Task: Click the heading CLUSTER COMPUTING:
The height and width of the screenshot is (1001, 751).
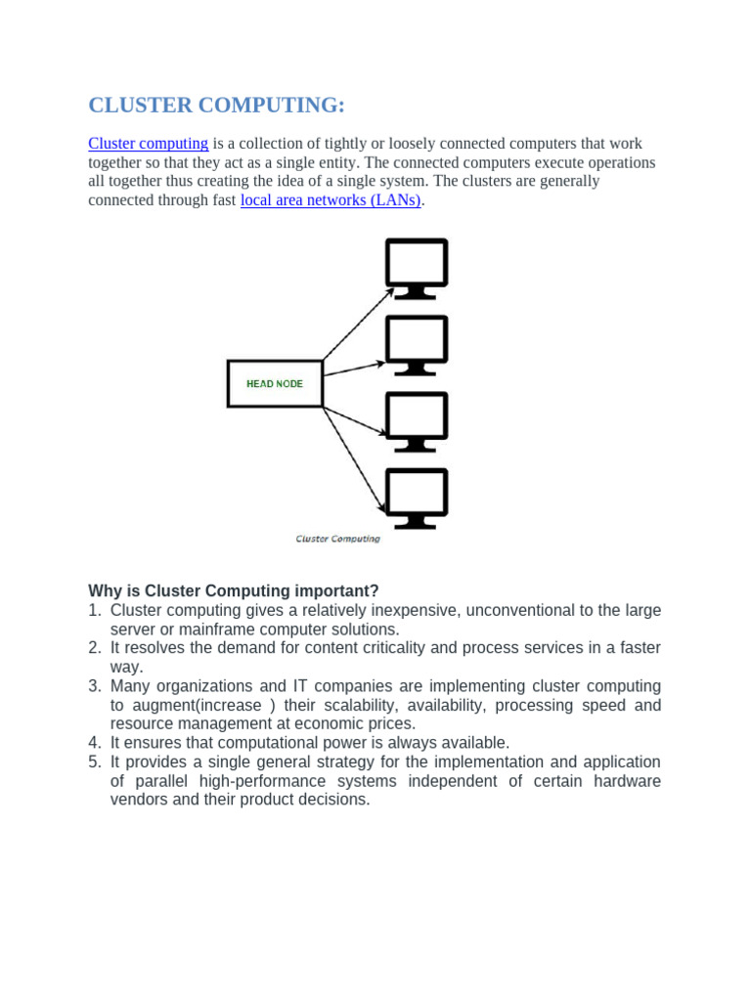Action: pos(217,106)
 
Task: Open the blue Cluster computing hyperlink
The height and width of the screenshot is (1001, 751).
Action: pos(148,144)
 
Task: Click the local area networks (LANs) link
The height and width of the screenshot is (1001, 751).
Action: pos(331,200)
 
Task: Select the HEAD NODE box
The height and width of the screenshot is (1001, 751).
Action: pos(275,384)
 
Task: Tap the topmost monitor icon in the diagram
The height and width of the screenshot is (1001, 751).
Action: pos(417,266)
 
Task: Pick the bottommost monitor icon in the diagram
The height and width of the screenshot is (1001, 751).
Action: pos(417,497)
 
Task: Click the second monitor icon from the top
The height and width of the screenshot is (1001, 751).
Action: pos(417,343)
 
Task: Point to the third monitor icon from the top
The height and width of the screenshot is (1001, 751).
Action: pos(417,420)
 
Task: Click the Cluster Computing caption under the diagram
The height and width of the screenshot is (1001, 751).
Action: pos(337,539)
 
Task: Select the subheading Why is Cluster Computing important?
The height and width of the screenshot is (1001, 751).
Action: pos(233,591)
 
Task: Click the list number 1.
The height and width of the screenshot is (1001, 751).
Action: pos(94,611)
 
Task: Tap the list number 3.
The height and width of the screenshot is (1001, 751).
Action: pos(94,686)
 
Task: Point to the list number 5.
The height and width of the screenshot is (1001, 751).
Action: pos(94,762)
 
